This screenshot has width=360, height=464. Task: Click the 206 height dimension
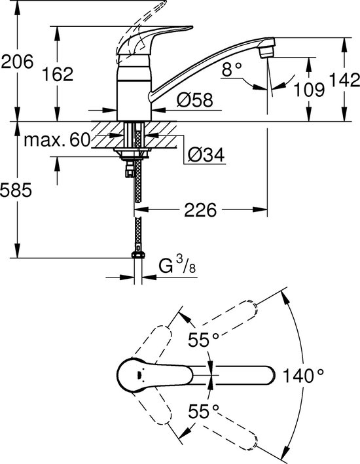tap(18, 62)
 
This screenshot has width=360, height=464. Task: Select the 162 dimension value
tap(57, 74)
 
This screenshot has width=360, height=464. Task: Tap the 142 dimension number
tap(344, 80)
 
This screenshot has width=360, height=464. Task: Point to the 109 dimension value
tap(309, 89)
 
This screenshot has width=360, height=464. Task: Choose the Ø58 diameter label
tap(195, 99)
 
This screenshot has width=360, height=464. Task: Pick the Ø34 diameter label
tap(206, 154)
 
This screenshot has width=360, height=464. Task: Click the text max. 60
tap(57, 139)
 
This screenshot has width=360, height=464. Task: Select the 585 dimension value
tap(16, 190)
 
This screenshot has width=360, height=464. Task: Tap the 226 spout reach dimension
tap(200, 210)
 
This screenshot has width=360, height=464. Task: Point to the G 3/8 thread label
tap(177, 265)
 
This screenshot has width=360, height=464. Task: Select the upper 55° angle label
tap(204, 340)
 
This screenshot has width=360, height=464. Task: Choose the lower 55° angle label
tap(204, 412)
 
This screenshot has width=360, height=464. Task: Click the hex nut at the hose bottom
tap(138, 255)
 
